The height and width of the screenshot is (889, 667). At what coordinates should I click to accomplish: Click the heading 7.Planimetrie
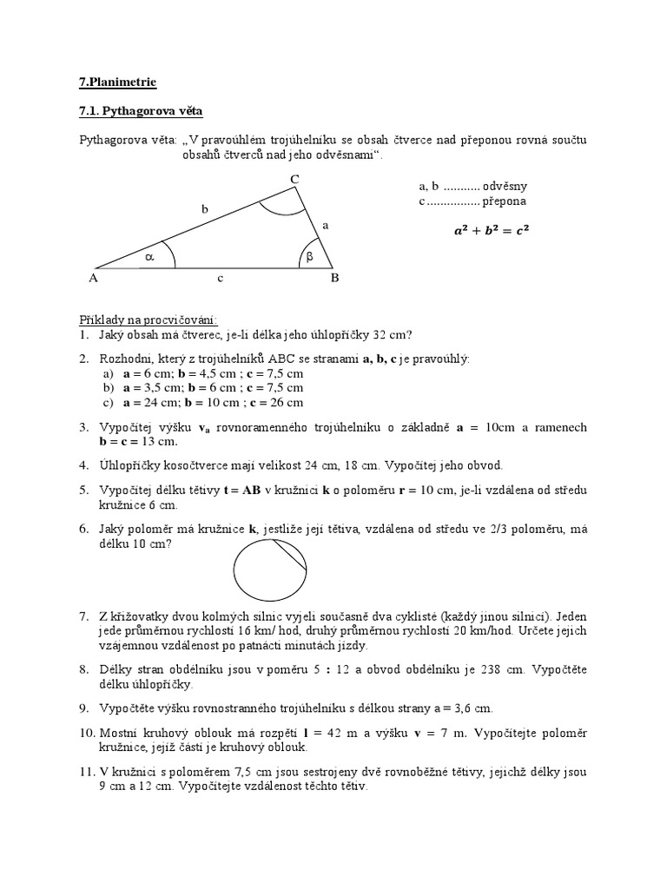(118, 82)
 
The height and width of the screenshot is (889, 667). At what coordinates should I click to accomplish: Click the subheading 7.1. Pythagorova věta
(141, 111)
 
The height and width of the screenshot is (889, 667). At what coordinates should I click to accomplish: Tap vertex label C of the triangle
(295, 179)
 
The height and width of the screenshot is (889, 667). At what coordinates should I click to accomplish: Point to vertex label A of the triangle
(93, 279)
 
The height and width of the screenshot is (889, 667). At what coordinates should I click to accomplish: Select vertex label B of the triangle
(333, 279)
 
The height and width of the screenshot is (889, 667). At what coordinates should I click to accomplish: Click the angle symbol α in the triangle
(149, 257)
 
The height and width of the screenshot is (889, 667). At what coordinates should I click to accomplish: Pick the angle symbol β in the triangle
(308, 256)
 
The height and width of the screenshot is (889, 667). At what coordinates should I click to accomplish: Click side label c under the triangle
(221, 278)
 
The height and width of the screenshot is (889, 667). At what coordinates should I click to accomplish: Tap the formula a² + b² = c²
(491, 231)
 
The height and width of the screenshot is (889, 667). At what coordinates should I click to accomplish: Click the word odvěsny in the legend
(505, 186)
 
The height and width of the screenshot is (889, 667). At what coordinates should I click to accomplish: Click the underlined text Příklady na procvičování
(149, 319)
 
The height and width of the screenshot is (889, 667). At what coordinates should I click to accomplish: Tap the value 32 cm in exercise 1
(395, 335)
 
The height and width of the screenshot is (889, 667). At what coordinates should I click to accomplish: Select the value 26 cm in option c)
(285, 403)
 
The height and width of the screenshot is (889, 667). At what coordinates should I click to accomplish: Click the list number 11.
(87, 772)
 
